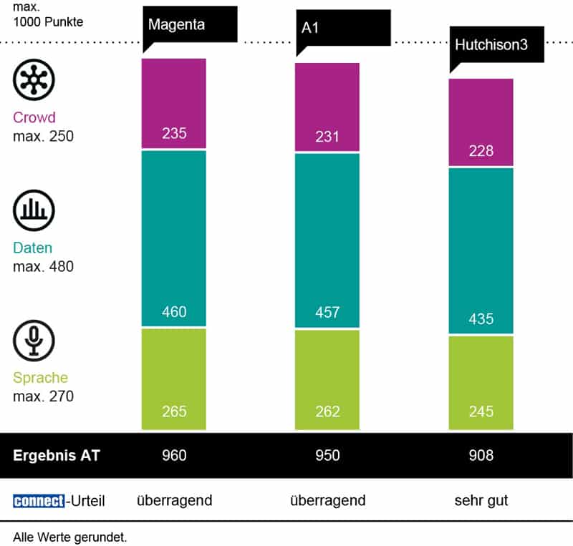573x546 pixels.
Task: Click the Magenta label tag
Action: point(190,24)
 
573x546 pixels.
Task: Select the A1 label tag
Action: point(343,29)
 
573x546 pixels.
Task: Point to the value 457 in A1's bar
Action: point(327,313)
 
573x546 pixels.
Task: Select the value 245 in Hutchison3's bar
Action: point(481,411)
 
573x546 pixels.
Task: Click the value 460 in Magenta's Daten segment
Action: point(174,312)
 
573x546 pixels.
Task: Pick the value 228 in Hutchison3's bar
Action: point(481,151)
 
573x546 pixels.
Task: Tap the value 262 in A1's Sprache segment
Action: point(327,411)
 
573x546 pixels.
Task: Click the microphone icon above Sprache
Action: point(34,340)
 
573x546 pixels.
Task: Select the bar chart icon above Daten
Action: point(34,210)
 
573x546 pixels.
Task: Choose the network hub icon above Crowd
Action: point(34,79)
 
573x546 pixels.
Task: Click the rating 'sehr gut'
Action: point(481,500)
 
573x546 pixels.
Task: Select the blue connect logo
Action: point(38,501)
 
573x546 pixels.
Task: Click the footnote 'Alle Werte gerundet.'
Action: point(69,535)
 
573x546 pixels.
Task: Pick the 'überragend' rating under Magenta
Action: point(174,500)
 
